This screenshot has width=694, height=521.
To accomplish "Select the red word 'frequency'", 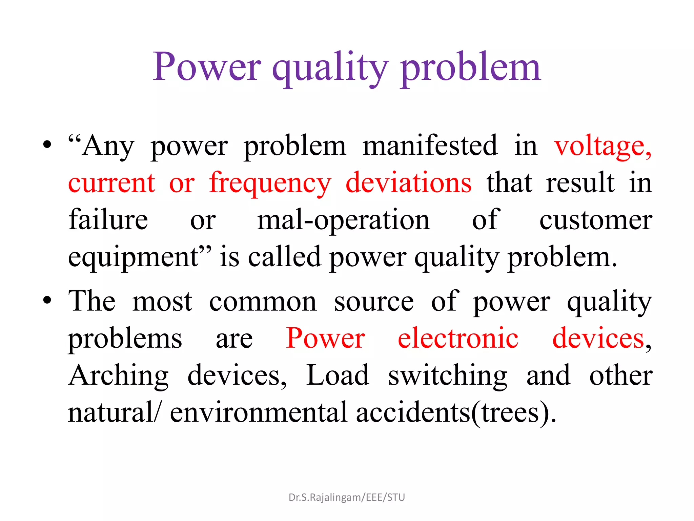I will pyautogui.click(x=270, y=183).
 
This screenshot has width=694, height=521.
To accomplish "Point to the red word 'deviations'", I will pyautogui.click(x=408, y=183).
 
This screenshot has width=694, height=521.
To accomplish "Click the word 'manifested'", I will pyautogui.click(x=430, y=146).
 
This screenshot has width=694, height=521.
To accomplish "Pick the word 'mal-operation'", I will pyautogui.click(x=343, y=220).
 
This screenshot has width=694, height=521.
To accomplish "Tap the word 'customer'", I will pyautogui.click(x=596, y=220).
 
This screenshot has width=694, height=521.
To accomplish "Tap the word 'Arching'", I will pyautogui.click(x=118, y=376).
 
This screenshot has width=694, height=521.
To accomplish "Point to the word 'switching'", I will pyautogui.click(x=447, y=376).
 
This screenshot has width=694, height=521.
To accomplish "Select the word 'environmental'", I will pyautogui.click(x=259, y=412).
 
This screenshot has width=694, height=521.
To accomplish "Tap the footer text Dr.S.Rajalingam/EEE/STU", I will pyautogui.click(x=347, y=497).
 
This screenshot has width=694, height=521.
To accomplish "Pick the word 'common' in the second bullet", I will pyautogui.click(x=263, y=302).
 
